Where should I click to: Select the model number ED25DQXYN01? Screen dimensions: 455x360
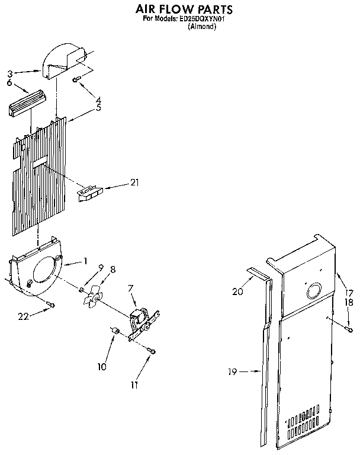[207, 19]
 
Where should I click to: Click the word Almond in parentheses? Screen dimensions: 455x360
[202, 27]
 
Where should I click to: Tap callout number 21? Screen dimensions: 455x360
[134, 182]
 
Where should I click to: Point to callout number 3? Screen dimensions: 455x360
[10, 74]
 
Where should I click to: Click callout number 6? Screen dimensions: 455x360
[10, 83]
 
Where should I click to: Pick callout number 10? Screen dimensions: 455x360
[102, 367]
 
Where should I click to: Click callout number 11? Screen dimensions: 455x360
[134, 384]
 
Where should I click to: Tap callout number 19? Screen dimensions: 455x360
[232, 372]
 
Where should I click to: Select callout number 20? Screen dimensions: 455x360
[237, 291]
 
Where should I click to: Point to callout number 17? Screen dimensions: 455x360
[349, 293]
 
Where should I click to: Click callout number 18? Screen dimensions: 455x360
[349, 302]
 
